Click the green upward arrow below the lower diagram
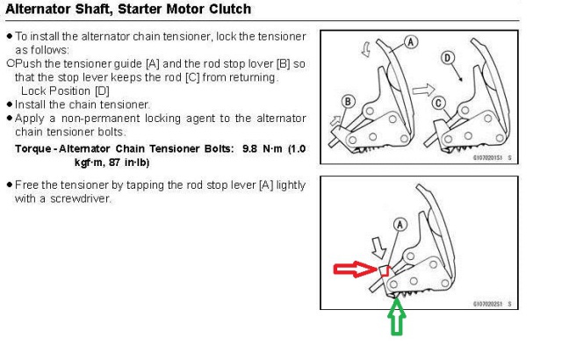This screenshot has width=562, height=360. pyautogui.click(x=396, y=317)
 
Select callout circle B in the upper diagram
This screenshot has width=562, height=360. pyautogui.click(x=348, y=101)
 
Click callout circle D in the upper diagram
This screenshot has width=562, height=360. pyautogui.click(x=449, y=58)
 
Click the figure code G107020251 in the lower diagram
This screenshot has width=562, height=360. pyautogui.click(x=487, y=304)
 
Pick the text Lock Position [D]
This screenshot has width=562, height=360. pyautogui.click(x=65, y=91)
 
